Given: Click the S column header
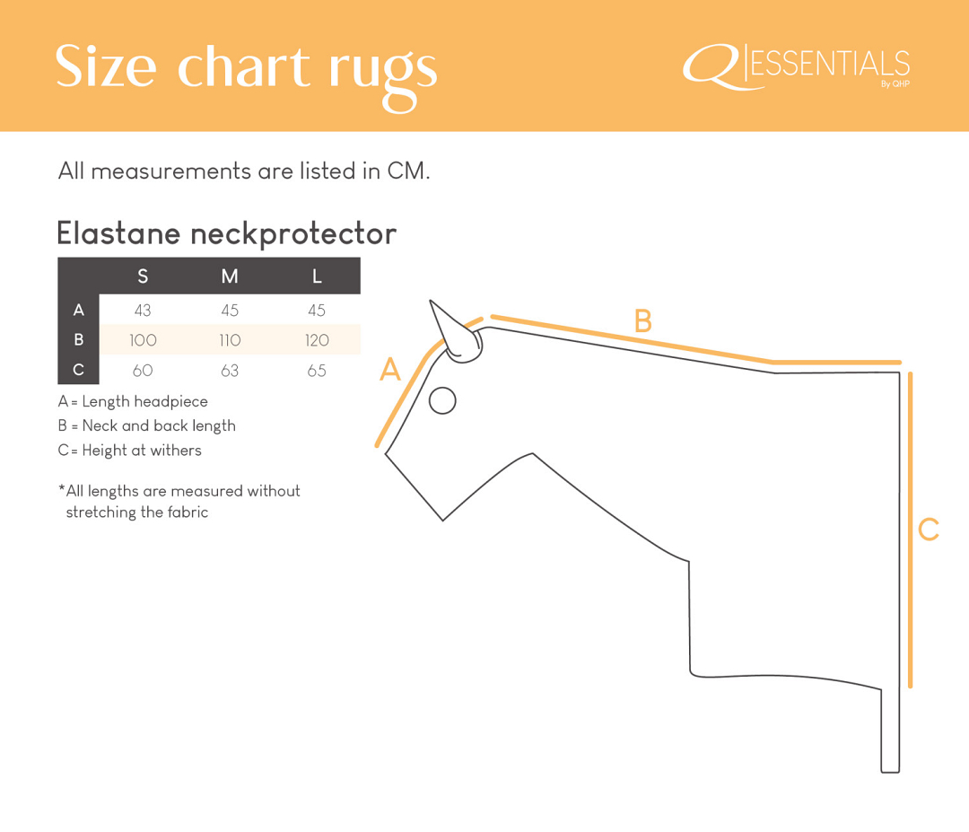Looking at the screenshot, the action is [x=143, y=276].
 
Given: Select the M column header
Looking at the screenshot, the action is [x=230, y=276].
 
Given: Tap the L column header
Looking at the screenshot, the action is [x=317, y=276].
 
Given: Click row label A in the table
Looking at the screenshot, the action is [x=78, y=310].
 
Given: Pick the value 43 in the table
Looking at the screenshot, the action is [x=143, y=311].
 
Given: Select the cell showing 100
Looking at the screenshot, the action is [x=143, y=340].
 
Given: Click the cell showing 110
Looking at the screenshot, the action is [x=230, y=340].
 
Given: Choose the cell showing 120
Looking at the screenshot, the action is [x=317, y=340].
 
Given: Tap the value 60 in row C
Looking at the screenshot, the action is [x=143, y=371].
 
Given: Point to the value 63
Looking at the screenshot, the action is [x=230, y=371].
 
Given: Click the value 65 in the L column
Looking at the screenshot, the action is [x=317, y=371].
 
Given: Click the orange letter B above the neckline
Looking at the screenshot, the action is [x=643, y=320].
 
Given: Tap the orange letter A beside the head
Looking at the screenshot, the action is [x=390, y=370].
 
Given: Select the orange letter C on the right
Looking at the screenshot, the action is [x=929, y=530].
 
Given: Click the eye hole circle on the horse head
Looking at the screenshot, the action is [x=442, y=400].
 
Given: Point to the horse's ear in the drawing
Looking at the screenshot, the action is [x=456, y=335].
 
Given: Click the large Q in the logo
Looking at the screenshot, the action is [x=711, y=66].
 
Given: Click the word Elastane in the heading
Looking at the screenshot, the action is [x=118, y=233].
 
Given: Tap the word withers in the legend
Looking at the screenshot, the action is [x=176, y=450].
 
